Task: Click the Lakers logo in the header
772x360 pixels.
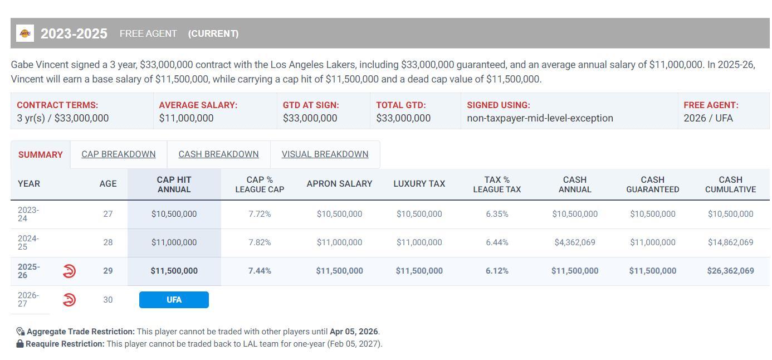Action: point(25,33)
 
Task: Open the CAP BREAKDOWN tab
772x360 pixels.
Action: point(119,154)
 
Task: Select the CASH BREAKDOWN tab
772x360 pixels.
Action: point(218,154)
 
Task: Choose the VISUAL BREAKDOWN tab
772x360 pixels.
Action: point(325,154)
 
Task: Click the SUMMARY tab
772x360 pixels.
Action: point(40,155)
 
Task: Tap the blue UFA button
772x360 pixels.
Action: point(174,300)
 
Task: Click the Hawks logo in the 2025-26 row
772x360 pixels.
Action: point(69,271)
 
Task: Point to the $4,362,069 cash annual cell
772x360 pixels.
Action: point(575,242)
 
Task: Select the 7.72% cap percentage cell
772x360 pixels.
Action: point(260,214)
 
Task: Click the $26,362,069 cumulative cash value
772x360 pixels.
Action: point(730,271)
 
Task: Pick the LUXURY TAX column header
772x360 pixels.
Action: point(419,184)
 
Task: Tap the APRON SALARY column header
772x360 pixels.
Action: point(339,184)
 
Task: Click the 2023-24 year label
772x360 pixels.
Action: point(28,214)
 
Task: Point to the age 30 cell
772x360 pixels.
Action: point(108,300)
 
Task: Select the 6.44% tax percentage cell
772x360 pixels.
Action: point(497,242)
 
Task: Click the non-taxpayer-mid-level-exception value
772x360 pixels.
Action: point(540,118)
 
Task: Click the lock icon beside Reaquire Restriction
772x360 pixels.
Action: point(20,344)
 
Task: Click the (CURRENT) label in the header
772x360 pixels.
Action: point(213,33)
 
